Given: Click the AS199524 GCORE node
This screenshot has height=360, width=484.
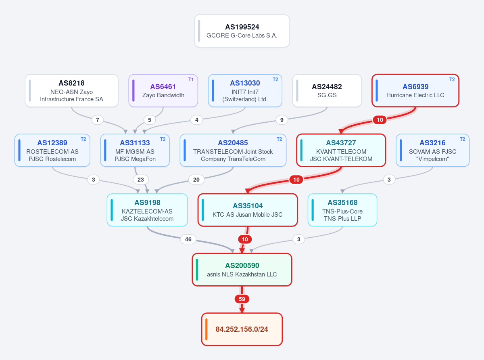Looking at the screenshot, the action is (242, 31).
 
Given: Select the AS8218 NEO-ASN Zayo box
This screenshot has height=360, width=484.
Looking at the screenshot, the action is (71, 91).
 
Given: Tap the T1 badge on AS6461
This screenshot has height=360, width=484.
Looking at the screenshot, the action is (191, 80).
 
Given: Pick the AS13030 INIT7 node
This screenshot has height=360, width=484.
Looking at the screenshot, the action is (245, 91).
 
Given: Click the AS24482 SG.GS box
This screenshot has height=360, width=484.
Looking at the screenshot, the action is (327, 91).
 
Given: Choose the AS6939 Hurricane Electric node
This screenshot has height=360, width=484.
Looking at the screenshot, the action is (415, 91).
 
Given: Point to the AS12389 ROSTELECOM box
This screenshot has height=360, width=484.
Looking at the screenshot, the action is (52, 150).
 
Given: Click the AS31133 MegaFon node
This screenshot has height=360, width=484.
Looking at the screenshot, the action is (135, 150).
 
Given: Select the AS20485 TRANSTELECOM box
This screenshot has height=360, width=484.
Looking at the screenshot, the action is (233, 150).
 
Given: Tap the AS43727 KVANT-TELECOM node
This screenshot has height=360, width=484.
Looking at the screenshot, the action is (341, 150).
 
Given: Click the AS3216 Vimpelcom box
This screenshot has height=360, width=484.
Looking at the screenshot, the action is (433, 150).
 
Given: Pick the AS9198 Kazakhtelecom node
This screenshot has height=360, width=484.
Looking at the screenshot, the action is (147, 210).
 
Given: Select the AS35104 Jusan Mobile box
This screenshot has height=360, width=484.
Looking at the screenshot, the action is (248, 210).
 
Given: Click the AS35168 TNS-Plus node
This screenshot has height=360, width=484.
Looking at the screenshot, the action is (342, 210).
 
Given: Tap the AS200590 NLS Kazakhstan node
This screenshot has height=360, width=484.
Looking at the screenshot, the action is (242, 270).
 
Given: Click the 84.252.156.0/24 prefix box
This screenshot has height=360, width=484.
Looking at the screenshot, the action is (242, 329).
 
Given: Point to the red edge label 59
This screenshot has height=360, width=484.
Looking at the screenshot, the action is (242, 299).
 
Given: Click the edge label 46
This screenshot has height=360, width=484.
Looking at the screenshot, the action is (188, 239).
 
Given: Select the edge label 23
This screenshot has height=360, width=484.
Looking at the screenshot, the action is (141, 180).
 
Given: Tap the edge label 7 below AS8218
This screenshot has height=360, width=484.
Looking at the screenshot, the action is (98, 120).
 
